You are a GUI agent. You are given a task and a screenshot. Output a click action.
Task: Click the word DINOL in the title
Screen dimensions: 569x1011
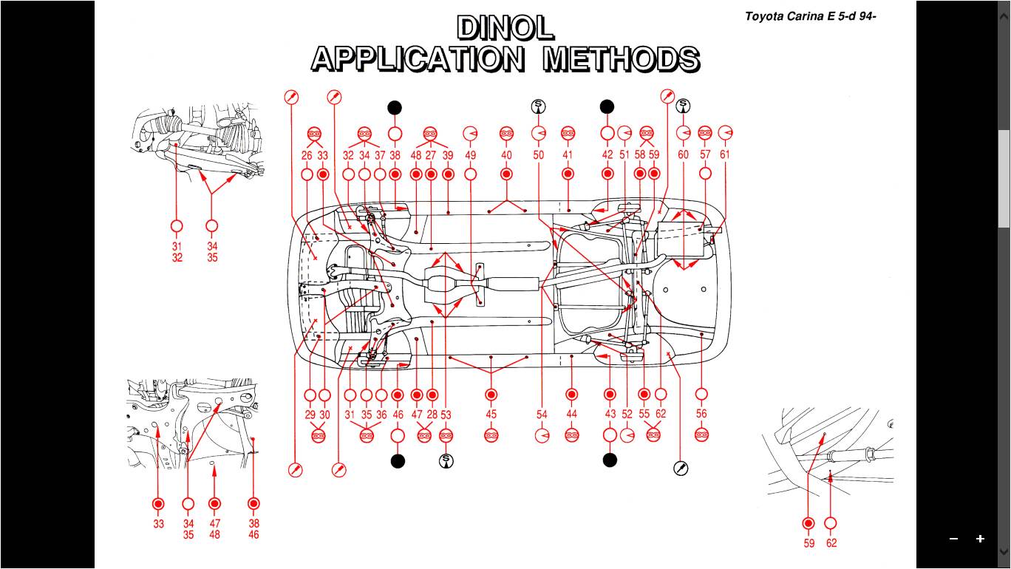[505, 28]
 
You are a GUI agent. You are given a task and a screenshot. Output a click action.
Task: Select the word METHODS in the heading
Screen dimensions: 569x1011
[622, 58]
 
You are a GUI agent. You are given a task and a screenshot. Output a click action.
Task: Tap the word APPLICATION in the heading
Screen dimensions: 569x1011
[418, 58]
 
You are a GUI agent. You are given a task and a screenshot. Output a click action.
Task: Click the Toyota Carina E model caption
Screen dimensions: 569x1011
[810, 16]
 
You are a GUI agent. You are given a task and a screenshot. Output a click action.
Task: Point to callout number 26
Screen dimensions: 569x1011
[307, 156]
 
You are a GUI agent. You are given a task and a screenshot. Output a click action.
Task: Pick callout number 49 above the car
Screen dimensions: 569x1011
[471, 156]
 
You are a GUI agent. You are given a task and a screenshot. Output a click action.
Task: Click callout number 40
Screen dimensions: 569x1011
[506, 156]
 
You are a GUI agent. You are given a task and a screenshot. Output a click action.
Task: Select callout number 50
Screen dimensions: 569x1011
[539, 156]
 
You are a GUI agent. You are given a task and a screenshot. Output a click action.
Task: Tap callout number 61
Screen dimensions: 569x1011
[725, 155]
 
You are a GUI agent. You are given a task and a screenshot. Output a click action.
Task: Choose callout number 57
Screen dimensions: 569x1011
[705, 155]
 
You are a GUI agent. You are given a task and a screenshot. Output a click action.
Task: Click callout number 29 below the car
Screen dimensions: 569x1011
[310, 415]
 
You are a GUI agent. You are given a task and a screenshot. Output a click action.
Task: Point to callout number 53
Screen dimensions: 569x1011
[446, 415]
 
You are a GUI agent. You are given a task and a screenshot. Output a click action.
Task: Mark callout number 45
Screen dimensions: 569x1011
[491, 415]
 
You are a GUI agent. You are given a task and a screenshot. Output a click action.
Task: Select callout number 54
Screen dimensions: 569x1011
[542, 415]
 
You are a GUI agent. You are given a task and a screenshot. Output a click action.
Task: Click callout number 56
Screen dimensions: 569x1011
[701, 414]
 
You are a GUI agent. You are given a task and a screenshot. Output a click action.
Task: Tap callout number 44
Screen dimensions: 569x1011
[571, 414]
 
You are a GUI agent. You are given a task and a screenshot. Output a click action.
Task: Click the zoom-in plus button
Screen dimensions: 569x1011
[980, 539]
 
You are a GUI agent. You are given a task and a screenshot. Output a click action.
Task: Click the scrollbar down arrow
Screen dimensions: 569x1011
[1004, 551]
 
